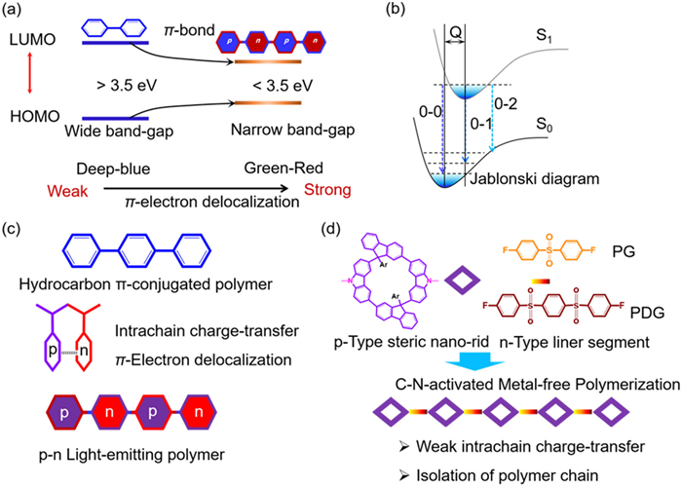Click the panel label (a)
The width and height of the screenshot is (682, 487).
pos(18,12)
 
